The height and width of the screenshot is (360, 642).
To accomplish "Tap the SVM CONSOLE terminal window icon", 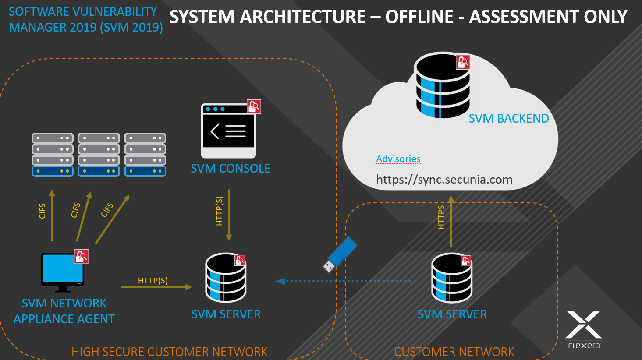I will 228,131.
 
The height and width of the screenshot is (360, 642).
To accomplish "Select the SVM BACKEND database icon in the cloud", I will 442,86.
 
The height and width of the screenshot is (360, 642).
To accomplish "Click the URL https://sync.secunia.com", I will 444,180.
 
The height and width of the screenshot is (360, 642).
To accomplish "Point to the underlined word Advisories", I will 398,159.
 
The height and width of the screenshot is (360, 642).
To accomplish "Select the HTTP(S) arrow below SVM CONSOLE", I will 229,215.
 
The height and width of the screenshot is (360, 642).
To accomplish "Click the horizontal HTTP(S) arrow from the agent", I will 156,287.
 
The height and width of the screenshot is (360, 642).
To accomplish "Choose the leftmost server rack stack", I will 53,155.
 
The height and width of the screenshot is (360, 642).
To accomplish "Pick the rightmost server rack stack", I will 145,155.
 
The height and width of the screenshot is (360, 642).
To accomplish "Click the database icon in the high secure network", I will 226,278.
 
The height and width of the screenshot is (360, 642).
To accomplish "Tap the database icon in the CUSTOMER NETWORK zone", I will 452,278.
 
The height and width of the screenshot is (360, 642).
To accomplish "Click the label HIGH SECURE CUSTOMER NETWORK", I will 169,352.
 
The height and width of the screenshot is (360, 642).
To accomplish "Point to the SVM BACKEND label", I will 508,119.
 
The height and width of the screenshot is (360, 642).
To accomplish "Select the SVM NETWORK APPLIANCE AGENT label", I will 64,311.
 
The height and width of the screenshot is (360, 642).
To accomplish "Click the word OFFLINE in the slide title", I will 419,17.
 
